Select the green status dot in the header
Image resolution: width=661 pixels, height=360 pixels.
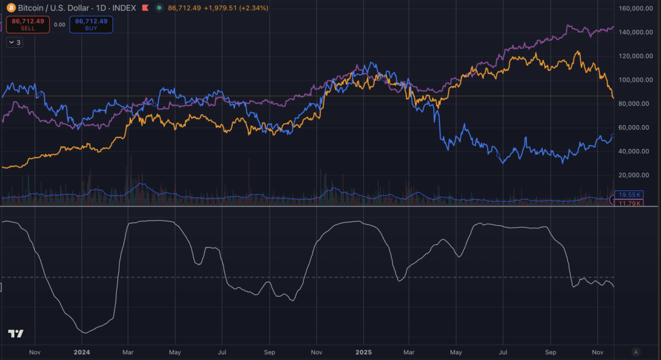click(x=159, y=8)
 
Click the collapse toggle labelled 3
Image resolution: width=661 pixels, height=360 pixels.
click(x=14, y=42)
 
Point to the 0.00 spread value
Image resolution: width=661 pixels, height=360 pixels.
click(x=59, y=25)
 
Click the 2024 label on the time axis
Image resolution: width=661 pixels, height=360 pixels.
click(x=82, y=352)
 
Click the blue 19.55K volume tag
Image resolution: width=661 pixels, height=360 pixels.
click(x=629, y=195)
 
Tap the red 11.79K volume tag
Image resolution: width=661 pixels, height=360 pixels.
click(x=629, y=203)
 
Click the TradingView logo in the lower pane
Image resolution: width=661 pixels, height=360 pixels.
click(x=15, y=334)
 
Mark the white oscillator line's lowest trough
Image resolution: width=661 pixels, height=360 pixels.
click(x=84, y=332)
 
